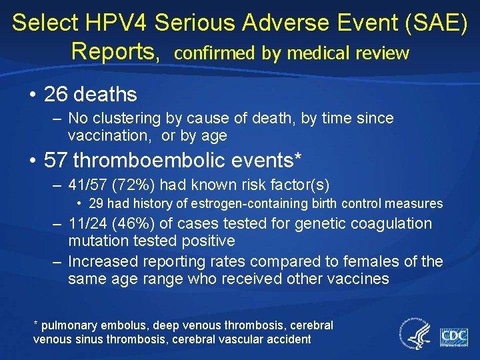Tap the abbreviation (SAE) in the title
433,23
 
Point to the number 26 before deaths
56,95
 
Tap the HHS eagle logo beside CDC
415,333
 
